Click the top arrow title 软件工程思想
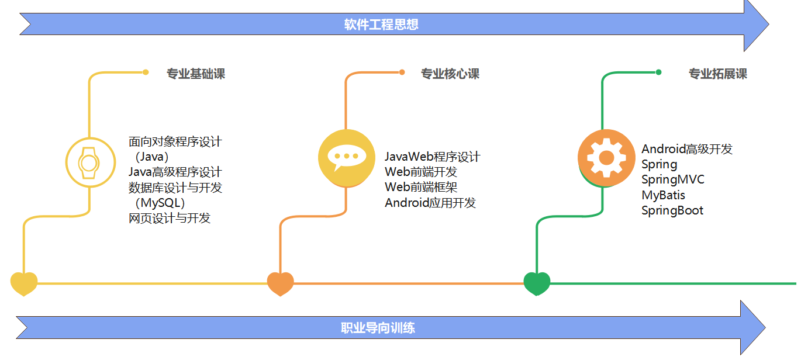pyautogui.click(x=381, y=25)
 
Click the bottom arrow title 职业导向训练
pyautogui.click(x=378, y=328)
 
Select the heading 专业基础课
pyautogui.click(x=195, y=74)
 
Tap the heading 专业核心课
pyautogui.click(x=450, y=74)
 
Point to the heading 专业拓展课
pyautogui.click(x=717, y=74)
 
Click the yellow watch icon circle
pyautogui.click(x=89, y=162)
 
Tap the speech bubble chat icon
pyautogui.click(x=346, y=157)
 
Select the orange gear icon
pyautogui.click(x=606, y=157)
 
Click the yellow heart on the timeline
pyautogui.click(x=24, y=283)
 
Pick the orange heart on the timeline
pyautogui.click(x=280, y=283)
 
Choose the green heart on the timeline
pyautogui.click(x=537, y=283)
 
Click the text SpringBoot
pyautogui.click(x=672, y=210)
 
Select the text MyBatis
pyautogui.click(x=663, y=195)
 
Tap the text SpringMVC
pyautogui.click(x=673, y=179)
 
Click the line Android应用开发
pyautogui.click(x=430, y=203)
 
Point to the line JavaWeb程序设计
pyautogui.click(x=432, y=157)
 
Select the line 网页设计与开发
pyautogui.click(x=170, y=219)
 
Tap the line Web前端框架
pyautogui.click(x=421, y=188)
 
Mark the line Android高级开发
pyautogui.click(x=687, y=149)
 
